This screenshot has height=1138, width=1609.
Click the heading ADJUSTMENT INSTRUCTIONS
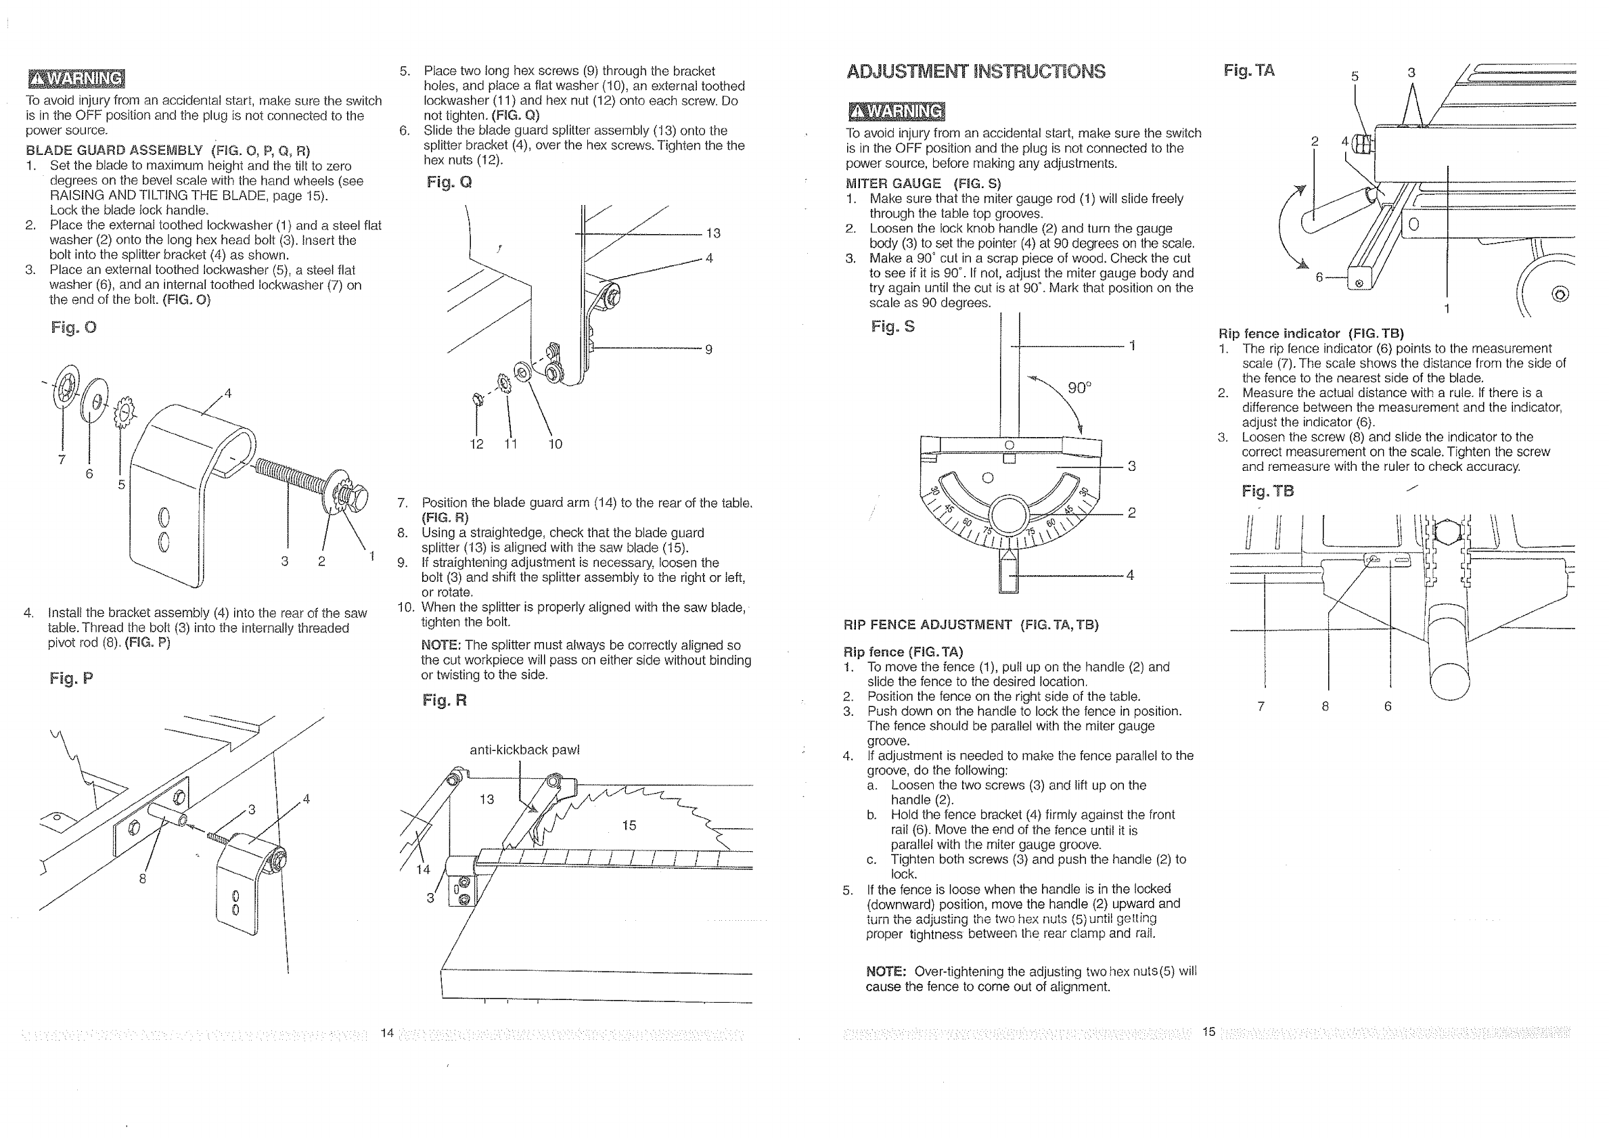(x=976, y=72)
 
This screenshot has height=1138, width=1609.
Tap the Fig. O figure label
(x=74, y=327)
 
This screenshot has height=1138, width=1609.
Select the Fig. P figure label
(x=71, y=678)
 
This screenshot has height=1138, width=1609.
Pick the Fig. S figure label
(x=892, y=326)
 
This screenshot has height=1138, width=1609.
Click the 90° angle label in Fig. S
(x=1079, y=388)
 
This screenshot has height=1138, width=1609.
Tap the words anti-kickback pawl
(x=524, y=750)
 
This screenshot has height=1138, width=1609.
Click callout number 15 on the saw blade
(x=629, y=825)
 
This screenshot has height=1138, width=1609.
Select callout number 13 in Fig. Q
(x=712, y=233)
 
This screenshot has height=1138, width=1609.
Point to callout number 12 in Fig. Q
(x=476, y=444)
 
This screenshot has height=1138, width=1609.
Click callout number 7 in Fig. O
(x=62, y=459)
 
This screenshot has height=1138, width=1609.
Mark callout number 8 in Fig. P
(x=142, y=879)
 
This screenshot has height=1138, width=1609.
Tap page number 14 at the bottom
(x=387, y=1032)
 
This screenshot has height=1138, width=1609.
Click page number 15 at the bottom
(x=1209, y=1032)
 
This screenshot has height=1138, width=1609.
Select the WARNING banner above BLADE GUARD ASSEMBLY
(x=76, y=79)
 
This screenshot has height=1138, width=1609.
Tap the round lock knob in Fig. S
(x=1008, y=516)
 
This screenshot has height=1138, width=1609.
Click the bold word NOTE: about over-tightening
(x=886, y=972)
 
